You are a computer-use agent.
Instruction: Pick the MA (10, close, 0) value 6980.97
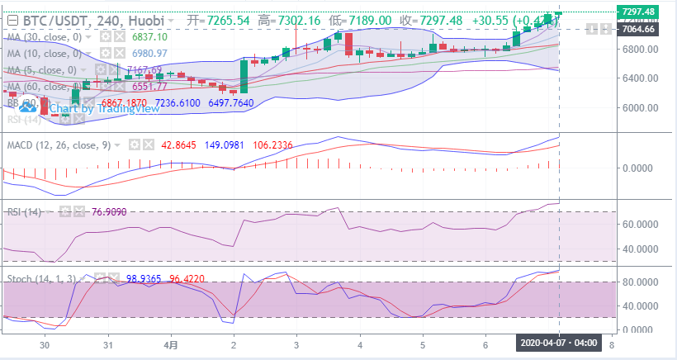click(x=149, y=54)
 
